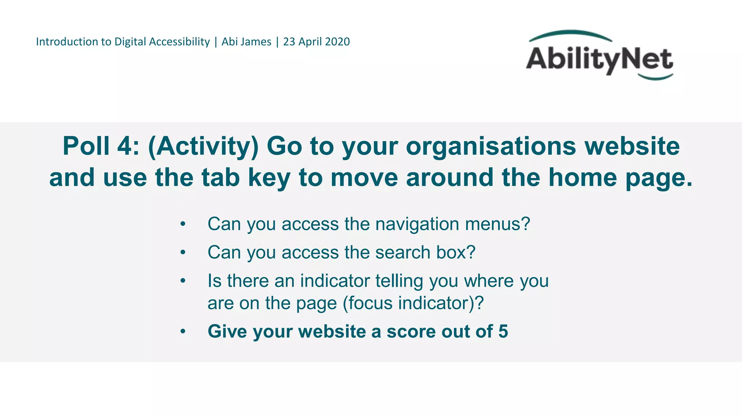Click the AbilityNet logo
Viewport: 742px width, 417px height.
(600, 56)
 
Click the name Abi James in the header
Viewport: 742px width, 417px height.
(246, 42)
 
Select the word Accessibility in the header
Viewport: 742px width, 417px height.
(179, 42)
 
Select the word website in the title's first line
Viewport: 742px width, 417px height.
(632, 146)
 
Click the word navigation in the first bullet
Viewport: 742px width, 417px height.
(417, 224)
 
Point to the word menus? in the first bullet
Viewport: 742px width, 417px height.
(498, 224)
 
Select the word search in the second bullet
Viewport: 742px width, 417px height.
(403, 252)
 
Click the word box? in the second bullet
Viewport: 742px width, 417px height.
(456, 252)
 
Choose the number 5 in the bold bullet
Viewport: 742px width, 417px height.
(503, 331)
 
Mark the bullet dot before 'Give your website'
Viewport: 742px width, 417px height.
(183, 331)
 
